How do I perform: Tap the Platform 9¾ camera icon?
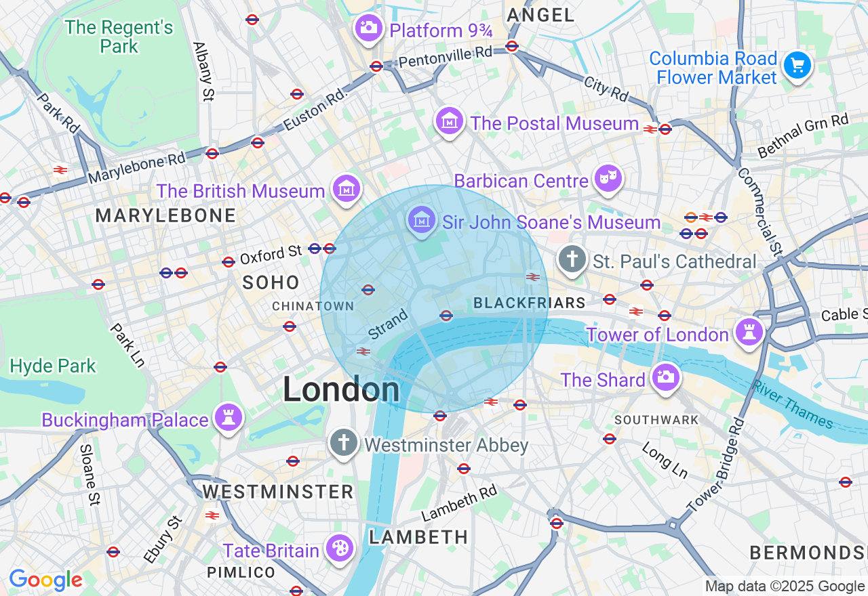(x=368, y=28)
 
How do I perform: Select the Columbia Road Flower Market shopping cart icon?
(x=797, y=66)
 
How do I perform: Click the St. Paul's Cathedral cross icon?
(x=572, y=259)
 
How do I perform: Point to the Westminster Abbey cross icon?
(x=344, y=443)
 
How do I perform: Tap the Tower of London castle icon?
(x=749, y=332)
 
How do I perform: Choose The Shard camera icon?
(x=665, y=377)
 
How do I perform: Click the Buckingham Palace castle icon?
(x=228, y=417)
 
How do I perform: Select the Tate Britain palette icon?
(x=338, y=548)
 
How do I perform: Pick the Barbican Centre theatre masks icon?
(x=608, y=178)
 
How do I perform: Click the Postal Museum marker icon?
(x=449, y=121)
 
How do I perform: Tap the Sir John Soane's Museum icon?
(x=422, y=219)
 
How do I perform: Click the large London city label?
(x=341, y=390)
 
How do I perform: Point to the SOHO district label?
(x=271, y=283)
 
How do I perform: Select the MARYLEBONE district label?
(x=165, y=216)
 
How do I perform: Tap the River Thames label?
(x=792, y=404)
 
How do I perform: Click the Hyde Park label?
(x=53, y=366)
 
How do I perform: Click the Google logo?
(x=45, y=580)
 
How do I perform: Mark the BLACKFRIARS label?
(x=530, y=303)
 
